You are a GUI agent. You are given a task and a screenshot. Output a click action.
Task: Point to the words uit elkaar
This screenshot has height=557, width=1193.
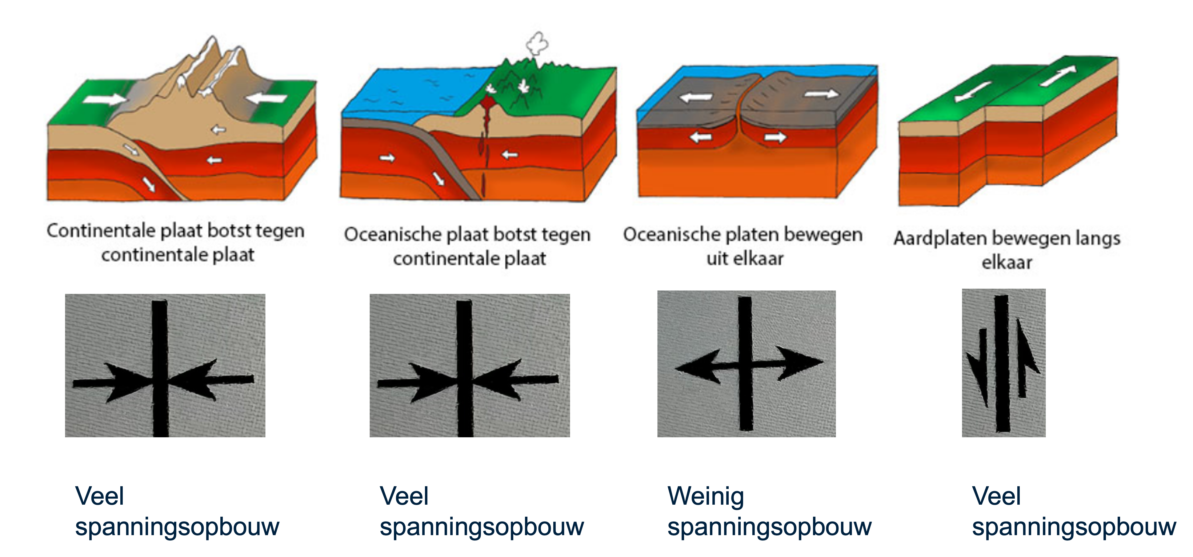(x=745, y=258)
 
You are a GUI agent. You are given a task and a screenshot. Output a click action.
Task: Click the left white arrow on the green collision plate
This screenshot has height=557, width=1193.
(x=104, y=98)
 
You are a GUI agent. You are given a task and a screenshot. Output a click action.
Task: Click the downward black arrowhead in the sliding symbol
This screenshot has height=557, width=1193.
(x=979, y=375)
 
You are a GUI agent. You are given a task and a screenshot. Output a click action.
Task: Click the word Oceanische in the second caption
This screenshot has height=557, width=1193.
(x=390, y=235)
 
